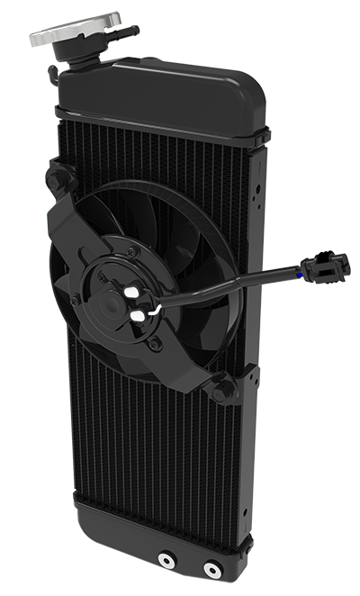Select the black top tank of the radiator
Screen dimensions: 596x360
(x=162, y=90)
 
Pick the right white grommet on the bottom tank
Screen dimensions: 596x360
(x=211, y=569)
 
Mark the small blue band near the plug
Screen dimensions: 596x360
(x=299, y=269)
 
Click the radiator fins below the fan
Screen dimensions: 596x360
(x=162, y=459)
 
